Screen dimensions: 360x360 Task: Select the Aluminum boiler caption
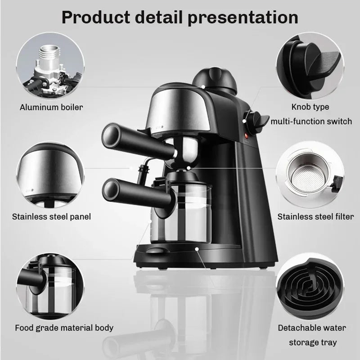(51, 107)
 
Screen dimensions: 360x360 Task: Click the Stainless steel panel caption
(52, 216)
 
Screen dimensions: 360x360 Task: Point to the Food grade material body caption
(63, 328)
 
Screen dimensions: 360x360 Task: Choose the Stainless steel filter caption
(315, 216)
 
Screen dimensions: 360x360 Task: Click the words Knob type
(310, 107)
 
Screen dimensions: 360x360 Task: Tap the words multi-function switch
(310, 121)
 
